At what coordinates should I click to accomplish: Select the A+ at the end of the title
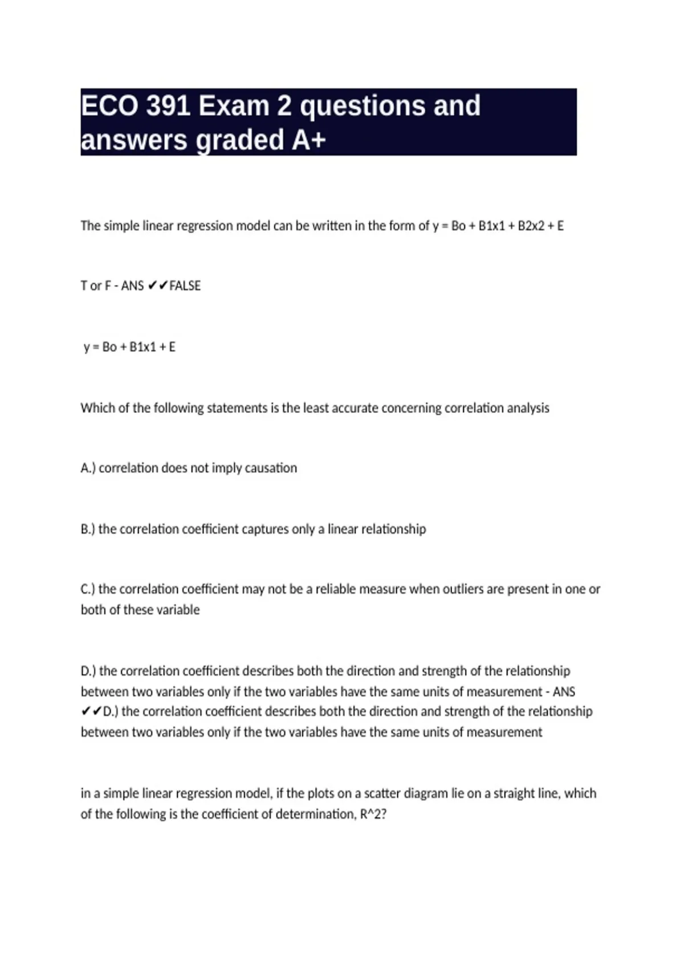(308, 140)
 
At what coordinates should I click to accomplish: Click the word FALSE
(185, 286)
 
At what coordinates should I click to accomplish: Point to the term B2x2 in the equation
(531, 226)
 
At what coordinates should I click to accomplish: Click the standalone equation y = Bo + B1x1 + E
(129, 347)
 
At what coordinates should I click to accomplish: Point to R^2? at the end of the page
(373, 814)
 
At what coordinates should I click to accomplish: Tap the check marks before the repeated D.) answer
(91, 711)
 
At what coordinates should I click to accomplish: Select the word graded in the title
(240, 140)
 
